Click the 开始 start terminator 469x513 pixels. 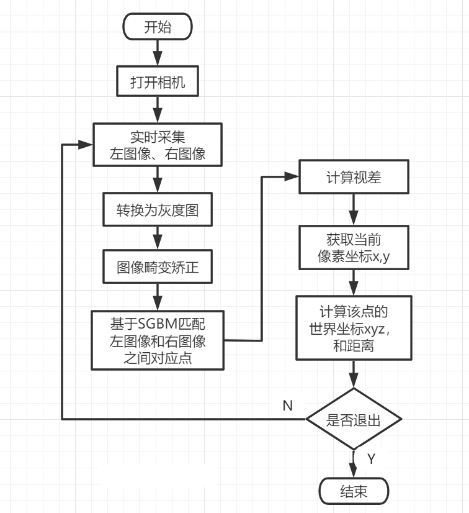[x=158, y=27]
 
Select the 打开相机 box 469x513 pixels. [x=158, y=83]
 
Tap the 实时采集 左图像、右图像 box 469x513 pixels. [x=158, y=145]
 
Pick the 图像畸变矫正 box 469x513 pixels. [x=158, y=268]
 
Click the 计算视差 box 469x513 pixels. [x=354, y=178]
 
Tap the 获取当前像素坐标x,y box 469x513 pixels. [x=354, y=248]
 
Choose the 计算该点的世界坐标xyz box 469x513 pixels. [x=354, y=327]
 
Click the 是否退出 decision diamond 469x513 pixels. [x=354, y=419]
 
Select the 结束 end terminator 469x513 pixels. [x=354, y=492]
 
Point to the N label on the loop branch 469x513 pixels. [x=287, y=406]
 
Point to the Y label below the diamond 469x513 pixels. [x=371, y=459]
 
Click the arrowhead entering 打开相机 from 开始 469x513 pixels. [x=158, y=61]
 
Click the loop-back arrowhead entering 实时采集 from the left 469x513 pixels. [x=87, y=145]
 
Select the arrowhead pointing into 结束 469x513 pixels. [x=354, y=473]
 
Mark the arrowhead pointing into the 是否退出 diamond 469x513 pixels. [x=354, y=381]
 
